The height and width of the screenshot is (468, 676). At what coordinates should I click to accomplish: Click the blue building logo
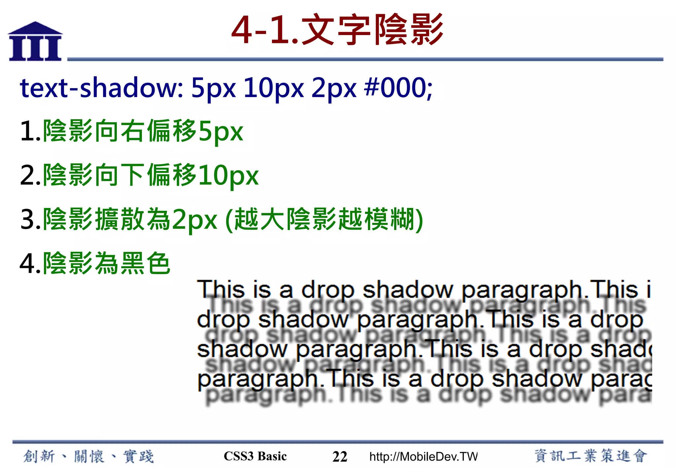(35, 42)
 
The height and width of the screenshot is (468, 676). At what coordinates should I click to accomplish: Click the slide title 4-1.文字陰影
(337, 30)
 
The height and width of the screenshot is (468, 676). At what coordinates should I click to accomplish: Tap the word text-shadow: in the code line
(102, 88)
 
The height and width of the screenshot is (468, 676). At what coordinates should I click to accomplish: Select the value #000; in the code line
(398, 88)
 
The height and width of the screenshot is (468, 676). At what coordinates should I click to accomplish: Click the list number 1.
(30, 131)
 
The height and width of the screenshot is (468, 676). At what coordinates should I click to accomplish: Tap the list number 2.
(30, 176)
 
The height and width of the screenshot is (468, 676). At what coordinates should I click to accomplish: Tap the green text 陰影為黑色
(107, 263)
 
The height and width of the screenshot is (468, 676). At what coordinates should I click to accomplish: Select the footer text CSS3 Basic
(255, 456)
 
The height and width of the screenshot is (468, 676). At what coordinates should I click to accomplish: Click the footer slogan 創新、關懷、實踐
(88, 456)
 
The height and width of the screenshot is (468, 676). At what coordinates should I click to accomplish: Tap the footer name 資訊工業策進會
(591, 456)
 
